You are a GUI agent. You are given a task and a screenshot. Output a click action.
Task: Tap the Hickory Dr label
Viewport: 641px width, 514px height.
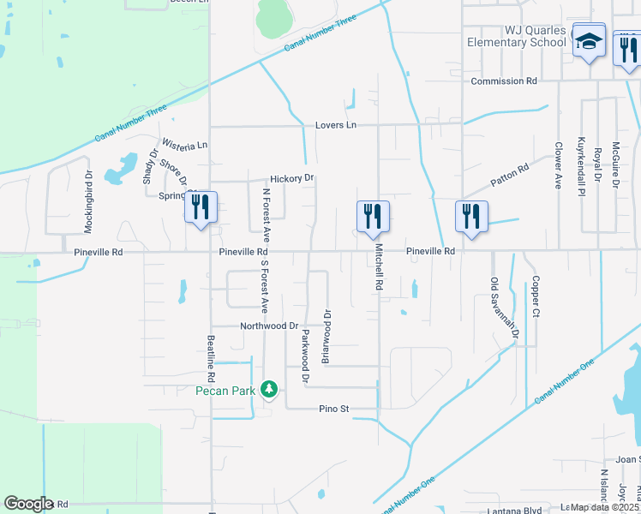(292, 178)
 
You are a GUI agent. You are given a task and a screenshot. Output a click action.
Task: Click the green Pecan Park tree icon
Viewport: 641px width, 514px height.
(269, 390)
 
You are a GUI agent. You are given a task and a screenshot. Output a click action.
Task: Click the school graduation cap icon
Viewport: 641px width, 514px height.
(588, 41)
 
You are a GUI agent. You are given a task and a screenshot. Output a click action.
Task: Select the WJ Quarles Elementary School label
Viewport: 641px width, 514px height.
(517, 36)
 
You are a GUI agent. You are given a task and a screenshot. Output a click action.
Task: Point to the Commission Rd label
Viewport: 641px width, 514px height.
(504, 81)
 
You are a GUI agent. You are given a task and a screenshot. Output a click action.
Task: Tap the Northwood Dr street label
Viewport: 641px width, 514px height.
(268, 326)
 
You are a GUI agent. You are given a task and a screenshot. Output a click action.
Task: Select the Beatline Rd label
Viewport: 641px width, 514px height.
(210, 352)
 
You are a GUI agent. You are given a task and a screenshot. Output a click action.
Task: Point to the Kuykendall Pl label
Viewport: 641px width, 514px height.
(581, 167)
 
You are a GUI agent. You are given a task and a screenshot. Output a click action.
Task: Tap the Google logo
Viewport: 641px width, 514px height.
(29, 504)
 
